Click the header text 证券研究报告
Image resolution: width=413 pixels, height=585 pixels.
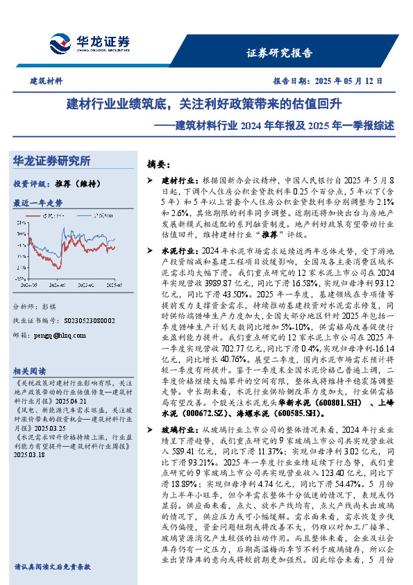point(279,53)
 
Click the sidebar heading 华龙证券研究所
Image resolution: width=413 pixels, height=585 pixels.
point(52,161)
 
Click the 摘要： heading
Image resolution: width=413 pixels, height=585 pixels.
point(160,165)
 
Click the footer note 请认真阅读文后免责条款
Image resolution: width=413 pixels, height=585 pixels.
point(52,567)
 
